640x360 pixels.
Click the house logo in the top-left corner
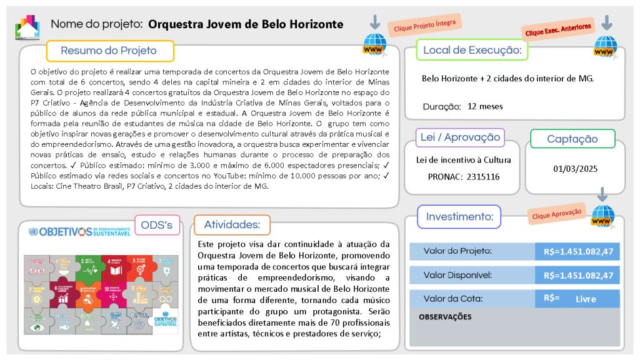pyautogui.click(x=27, y=26)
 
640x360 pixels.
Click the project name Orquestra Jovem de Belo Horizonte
pyautogui.click(x=246, y=24)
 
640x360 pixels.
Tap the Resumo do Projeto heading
pyautogui.click(x=109, y=51)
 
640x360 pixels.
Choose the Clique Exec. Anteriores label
pyautogui.click(x=558, y=30)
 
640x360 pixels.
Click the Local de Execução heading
pyautogui.click(x=472, y=50)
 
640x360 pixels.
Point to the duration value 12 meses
pyautogui.click(x=485, y=106)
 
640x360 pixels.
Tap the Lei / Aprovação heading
pyautogui.click(x=461, y=137)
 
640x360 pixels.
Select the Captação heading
pyautogui.click(x=572, y=139)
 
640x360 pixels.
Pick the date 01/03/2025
pyautogui.click(x=576, y=169)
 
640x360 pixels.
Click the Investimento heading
pyautogui.click(x=459, y=217)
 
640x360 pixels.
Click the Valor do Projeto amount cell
pyautogui.click(x=577, y=251)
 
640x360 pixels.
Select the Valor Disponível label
pyautogui.click(x=457, y=275)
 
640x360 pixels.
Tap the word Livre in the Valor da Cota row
pyautogui.click(x=586, y=299)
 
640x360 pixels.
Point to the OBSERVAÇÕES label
pyautogui.click(x=445, y=317)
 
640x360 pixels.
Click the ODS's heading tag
pyautogui.click(x=157, y=225)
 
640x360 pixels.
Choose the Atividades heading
pyautogui.click(x=232, y=225)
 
